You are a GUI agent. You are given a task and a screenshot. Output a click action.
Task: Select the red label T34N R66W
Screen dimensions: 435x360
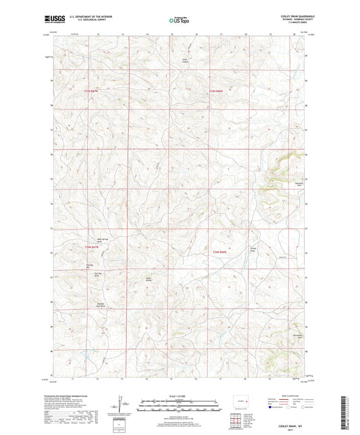point(219,252)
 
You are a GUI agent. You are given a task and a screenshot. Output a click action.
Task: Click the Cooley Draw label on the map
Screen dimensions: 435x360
point(254,249)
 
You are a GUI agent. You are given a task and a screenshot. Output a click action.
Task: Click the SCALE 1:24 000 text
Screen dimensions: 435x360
point(179,396)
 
